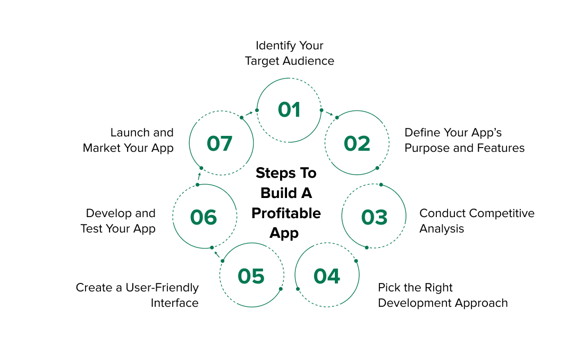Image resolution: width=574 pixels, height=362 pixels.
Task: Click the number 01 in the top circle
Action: pyautogui.click(x=289, y=110)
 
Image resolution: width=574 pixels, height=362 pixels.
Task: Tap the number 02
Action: pyautogui.click(x=357, y=143)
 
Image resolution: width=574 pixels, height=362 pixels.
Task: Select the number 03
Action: pyautogui.click(x=374, y=217)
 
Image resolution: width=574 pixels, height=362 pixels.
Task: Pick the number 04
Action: pyautogui.click(x=327, y=276)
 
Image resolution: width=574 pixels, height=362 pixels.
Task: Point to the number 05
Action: pyautogui.click(x=251, y=276)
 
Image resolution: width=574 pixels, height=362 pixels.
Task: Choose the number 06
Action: pyautogui.click(x=204, y=217)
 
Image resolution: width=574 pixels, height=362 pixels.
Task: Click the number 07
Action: pyautogui.click(x=220, y=143)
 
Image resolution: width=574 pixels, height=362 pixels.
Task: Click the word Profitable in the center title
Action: pyautogui.click(x=286, y=213)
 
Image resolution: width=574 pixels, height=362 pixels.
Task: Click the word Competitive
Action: pyautogui.click(x=501, y=213)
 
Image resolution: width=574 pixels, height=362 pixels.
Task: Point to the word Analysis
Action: pyautogui.click(x=442, y=229)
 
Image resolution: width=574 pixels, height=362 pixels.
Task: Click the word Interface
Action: pyautogui.click(x=174, y=303)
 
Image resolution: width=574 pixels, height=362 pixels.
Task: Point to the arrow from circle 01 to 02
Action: pyautogui.click(x=330, y=114)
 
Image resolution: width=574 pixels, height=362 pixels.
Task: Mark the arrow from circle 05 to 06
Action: pyautogui.click(x=216, y=254)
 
